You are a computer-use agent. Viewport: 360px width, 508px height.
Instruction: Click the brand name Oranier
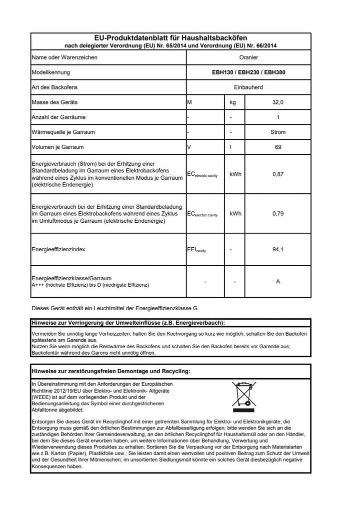(x=248, y=57)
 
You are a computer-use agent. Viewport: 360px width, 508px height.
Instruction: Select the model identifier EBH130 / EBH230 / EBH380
(x=248, y=72)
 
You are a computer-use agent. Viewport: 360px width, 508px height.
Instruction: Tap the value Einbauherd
(x=248, y=87)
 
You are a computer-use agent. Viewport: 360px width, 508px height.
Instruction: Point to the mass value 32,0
(x=278, y=102)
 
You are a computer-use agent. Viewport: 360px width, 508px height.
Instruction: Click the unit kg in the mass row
(x=232, y=102)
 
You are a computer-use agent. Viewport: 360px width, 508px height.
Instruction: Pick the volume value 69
(x=278, y=147)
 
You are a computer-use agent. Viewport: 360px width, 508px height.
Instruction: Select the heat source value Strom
(x=278, y=132)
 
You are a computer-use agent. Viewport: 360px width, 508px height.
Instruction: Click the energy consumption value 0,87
(x=278, y=175)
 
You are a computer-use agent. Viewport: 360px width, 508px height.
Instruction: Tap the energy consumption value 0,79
(x=278, y=213)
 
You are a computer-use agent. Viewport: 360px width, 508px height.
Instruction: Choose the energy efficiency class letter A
(x=278, y=282)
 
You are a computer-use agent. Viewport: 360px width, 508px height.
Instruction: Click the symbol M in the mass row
(x=189, y=102)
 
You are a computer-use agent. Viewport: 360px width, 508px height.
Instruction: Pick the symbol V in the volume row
(x=189, y=147)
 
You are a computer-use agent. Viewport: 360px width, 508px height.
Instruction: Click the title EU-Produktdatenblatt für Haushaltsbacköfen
(x=171, y=38)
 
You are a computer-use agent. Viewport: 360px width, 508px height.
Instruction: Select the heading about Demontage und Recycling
(x=110, y=371)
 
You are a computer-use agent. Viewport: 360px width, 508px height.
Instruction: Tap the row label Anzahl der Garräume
(x=58, y=117)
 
